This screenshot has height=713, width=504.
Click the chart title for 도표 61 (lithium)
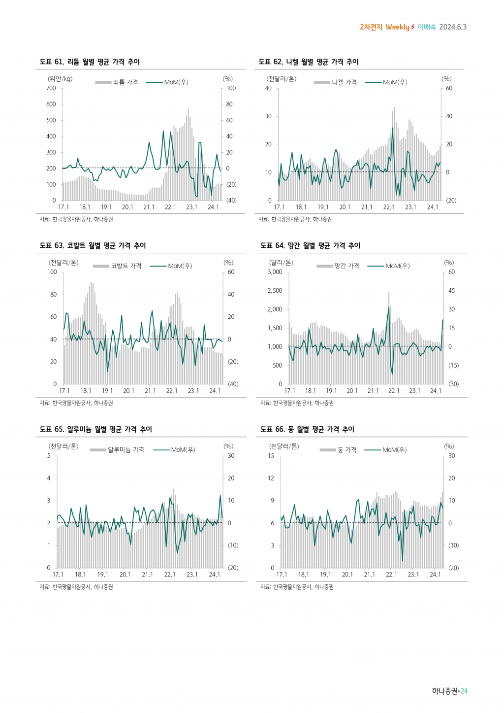coord(90,62)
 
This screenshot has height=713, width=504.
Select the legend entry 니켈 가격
coord(344,82)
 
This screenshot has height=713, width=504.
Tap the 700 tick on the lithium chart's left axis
coord(51,88)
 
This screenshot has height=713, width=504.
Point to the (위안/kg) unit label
coord(60,79)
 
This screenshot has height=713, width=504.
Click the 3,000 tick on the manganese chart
coord(275,272)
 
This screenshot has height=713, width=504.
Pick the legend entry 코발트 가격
coord(126,266)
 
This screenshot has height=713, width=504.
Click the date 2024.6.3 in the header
coord(453,27)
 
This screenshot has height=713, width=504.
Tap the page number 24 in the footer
coord(464,691)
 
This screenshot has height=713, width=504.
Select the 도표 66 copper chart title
coord(307,429)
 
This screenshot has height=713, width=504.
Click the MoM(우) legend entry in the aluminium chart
coord(183,450)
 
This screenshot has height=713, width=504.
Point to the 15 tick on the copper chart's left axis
coord(271,456)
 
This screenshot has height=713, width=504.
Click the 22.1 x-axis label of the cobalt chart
coord(172,391)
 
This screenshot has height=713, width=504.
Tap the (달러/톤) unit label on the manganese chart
coord(281,263)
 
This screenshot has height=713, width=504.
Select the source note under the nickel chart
coord(295,219)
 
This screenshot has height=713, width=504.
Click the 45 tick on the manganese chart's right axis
coord(451,291)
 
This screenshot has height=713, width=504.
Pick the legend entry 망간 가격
coord(346,266)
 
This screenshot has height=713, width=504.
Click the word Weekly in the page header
coord(397,27)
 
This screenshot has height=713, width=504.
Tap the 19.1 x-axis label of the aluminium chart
coord(102,575)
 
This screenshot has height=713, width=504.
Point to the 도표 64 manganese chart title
coord(310,245)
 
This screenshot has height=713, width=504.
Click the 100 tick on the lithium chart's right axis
coord(231,88)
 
